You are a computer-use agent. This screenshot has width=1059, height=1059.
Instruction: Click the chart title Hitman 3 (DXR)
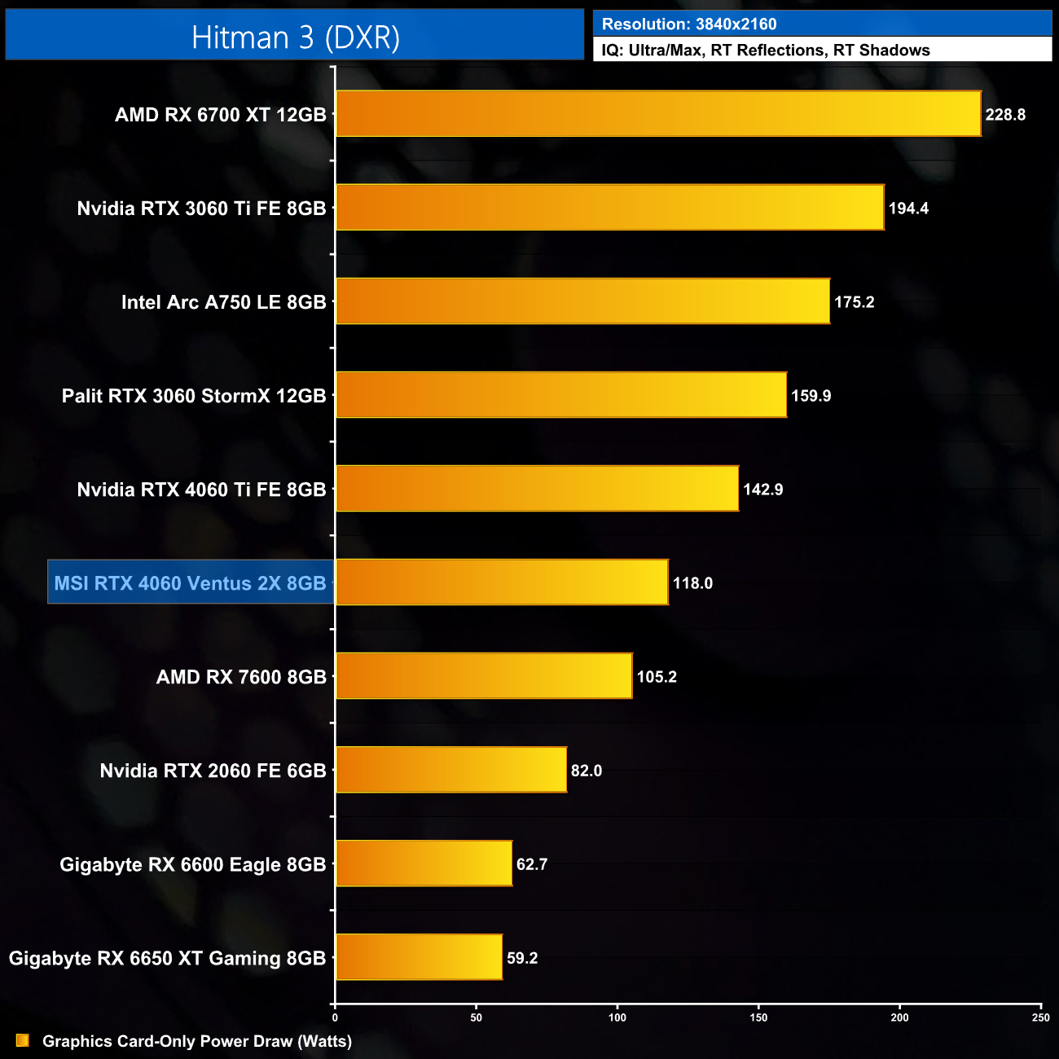295,37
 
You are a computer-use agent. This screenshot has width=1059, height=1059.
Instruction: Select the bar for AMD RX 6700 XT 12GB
658,114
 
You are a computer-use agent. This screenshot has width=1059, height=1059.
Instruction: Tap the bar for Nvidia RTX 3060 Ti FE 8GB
609,208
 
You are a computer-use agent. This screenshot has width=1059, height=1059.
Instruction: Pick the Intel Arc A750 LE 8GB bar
582,301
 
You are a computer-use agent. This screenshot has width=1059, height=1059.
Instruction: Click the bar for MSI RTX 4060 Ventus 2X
502,582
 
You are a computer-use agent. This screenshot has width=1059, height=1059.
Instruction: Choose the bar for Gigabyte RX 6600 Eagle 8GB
424,863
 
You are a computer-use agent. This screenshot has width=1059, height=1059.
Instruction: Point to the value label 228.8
1005,115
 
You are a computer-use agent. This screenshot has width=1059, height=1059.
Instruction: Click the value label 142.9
762,490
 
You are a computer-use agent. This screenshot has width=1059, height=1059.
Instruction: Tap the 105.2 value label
657,677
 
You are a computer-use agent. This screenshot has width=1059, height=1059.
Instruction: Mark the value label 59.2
522,958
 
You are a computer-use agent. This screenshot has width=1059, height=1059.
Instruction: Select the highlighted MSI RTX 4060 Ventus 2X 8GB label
190,583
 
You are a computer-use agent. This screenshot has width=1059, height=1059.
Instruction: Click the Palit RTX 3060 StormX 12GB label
194,396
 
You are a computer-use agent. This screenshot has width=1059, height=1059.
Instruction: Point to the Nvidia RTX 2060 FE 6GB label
213,771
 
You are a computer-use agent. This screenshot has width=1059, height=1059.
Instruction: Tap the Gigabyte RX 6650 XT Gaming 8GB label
167,958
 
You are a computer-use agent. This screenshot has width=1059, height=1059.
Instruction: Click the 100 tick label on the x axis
617,1017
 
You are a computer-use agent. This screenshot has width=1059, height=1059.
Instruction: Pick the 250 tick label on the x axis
1040,1017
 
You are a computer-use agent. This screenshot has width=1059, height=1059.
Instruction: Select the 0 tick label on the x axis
335,1017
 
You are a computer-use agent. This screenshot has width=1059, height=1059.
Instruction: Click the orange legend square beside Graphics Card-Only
23,1040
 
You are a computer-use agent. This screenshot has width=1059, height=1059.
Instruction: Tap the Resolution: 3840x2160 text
689,24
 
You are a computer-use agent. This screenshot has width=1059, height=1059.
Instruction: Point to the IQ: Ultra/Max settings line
766,51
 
